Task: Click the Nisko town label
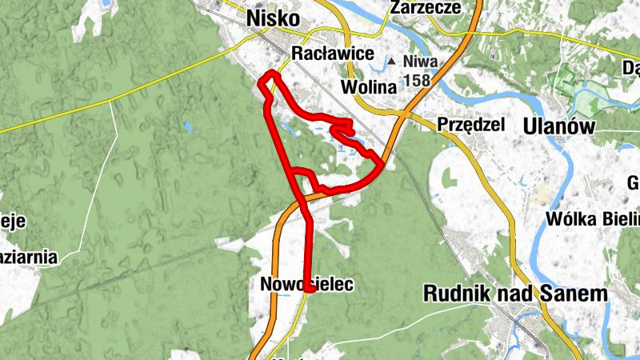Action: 274,18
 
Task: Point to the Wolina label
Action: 368,86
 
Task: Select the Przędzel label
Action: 470,124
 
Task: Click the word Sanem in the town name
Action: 577,294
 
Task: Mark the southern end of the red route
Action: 308,290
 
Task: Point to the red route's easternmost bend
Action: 382,165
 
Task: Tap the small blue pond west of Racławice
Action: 186,126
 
